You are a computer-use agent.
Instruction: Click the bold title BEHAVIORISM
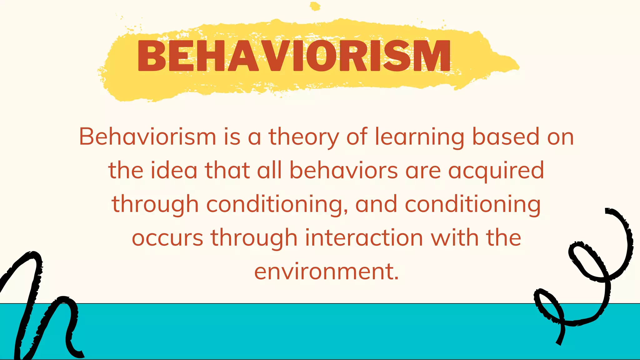point(294,56)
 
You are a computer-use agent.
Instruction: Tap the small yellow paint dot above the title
point(315,6)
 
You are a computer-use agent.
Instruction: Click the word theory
point(303,137)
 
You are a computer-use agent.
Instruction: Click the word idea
point(174,170)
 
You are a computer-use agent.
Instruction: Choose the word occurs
point(167,238)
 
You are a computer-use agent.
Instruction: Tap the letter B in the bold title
point(152,56)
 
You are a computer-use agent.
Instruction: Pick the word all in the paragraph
point(269,170)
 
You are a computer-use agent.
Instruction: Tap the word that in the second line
point(227,170)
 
